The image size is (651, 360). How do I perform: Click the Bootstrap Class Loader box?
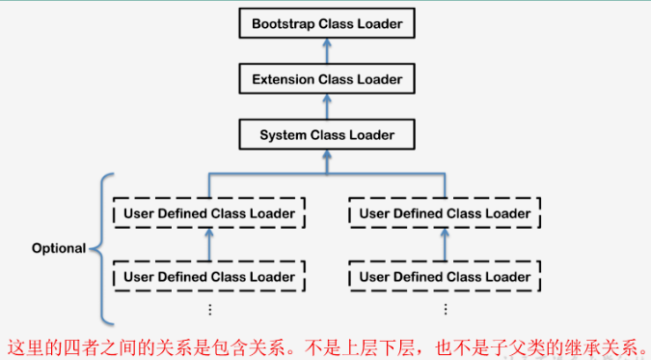(x=327, y=22)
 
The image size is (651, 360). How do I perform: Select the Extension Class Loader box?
(x=327, y=78)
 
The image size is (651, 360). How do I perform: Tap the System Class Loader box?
(x=327, y=134)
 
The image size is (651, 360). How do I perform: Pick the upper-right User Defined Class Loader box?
(x=445, y=213)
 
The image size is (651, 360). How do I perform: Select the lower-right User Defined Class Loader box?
(x=445, y=277)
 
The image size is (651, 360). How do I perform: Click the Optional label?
(x=59, y=248)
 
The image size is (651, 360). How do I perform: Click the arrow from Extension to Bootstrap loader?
(x=327, y=50)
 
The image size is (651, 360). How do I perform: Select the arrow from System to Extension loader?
(x=327, y=106)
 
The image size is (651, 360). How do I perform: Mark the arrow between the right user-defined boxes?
(x=445, y=245)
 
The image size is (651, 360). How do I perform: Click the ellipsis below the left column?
(x=209, y=309)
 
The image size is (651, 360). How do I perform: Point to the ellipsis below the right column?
(x=445, y=309)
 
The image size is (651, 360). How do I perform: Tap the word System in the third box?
(x=283, y=134)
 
